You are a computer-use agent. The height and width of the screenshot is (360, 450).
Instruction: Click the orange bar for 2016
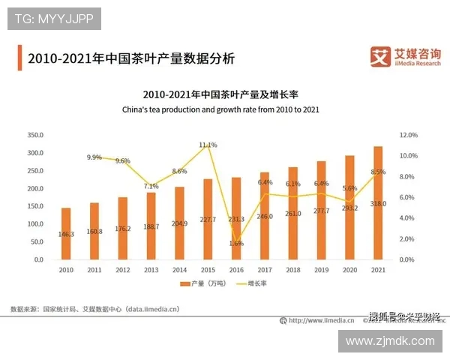coord(236,218)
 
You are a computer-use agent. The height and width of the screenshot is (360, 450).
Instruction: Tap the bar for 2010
coord(66,233)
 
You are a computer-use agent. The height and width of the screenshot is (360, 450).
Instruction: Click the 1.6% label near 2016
coord(236,243)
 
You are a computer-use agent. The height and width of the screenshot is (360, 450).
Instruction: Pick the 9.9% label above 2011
coord(94,157)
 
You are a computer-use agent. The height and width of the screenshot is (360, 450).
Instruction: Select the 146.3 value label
coord(66,234)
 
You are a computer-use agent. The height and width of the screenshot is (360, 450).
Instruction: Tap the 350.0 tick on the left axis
coord(35,135)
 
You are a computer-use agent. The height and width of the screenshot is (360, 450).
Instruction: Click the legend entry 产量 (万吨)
coord(205,284)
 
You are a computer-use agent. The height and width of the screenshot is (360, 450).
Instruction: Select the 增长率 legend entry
coord(254,284)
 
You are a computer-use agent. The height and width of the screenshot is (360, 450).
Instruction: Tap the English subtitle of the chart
coord(220,109)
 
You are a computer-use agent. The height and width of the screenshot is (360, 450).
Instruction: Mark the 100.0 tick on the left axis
coord(35,224)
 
